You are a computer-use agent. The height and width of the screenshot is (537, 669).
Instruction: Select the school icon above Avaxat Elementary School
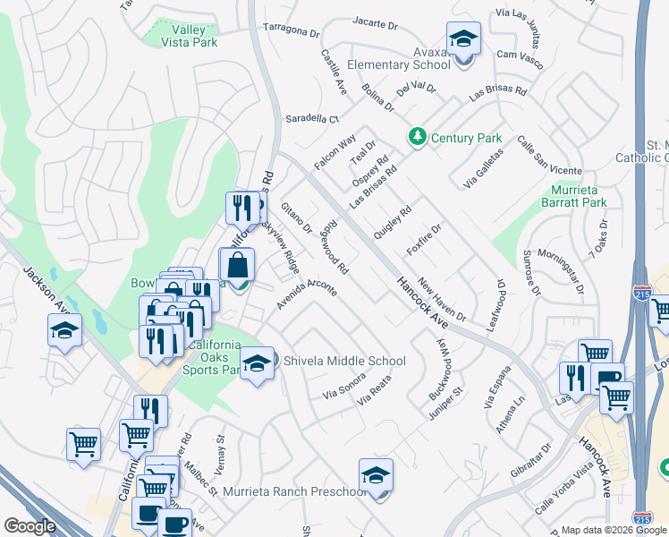coord(464,40)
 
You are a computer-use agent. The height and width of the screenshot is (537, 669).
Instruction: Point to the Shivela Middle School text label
coord(344,362)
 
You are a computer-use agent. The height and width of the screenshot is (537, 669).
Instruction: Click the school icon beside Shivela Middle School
coord(257,364)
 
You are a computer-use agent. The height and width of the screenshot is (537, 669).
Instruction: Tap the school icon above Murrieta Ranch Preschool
coord(377,476)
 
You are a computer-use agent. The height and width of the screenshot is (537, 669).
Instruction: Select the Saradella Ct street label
coord(312,118)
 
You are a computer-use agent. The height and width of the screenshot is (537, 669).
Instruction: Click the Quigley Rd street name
coord(393,219)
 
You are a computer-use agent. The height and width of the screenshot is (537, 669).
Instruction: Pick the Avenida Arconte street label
coord(306,296)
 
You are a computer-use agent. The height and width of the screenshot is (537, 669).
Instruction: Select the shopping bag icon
coord(236,266)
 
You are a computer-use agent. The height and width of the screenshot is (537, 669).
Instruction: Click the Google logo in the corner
coord(30,526)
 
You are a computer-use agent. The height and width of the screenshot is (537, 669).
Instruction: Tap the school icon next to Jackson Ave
coord(65,331)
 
